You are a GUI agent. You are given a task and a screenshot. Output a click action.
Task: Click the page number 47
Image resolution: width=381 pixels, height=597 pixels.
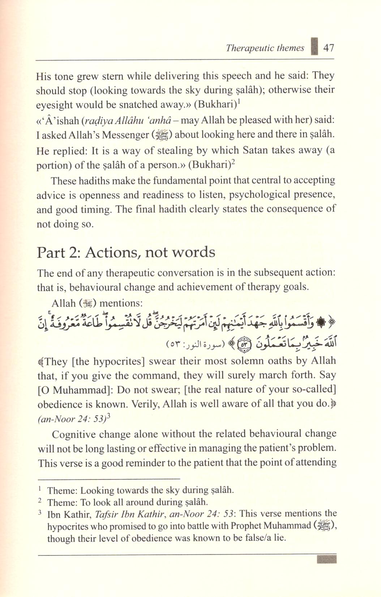click(329, 48)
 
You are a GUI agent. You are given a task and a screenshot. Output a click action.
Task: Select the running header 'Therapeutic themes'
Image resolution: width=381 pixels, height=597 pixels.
click(265, 48)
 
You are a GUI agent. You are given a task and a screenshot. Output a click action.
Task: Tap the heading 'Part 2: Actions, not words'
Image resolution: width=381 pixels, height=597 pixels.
click(126, 252)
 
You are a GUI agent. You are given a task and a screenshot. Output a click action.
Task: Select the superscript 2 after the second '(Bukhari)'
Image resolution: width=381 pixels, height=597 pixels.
click(233, 162)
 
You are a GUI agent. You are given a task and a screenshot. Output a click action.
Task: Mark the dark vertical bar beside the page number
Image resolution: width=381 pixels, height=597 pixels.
click(314, 47)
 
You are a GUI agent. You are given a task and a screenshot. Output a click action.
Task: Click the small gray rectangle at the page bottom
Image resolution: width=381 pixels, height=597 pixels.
click(326, 560)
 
